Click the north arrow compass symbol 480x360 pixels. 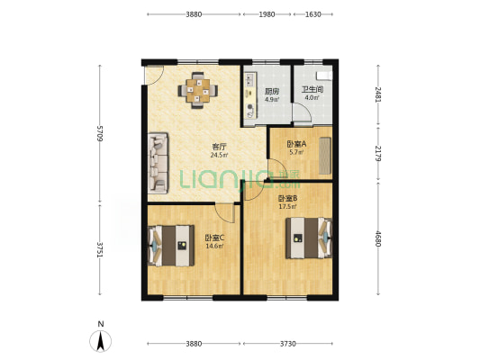100,341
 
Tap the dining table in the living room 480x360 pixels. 198,90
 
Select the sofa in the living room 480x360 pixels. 158,163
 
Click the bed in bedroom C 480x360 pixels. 171,246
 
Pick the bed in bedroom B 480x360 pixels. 309,238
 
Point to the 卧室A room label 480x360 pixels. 296,143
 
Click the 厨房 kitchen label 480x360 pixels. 272,91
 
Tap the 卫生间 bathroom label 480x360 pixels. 312,90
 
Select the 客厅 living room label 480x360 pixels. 219,147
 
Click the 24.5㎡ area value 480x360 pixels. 219,155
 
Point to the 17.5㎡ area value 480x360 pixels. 287,207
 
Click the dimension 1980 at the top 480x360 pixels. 267,14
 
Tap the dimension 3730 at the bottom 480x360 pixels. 288,344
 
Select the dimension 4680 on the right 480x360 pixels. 378,238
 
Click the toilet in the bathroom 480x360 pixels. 324,76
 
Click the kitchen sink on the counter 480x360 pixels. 250,79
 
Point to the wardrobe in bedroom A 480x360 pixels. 325,156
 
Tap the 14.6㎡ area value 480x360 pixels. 214,246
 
